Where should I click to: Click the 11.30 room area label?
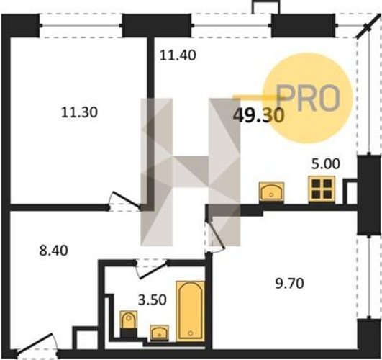79,113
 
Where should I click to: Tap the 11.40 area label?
178,55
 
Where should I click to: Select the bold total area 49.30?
258,115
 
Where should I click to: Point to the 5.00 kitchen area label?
326,164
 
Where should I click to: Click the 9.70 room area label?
290,284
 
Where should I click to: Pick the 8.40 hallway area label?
54,251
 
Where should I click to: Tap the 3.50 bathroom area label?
153,300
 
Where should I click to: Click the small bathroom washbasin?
159,333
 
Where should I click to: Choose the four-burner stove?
322,189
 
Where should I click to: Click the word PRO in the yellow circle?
309,98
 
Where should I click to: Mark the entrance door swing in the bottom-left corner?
37,343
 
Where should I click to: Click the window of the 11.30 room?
81,25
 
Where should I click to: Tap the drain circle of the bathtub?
191,333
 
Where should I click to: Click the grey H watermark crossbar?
190,170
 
